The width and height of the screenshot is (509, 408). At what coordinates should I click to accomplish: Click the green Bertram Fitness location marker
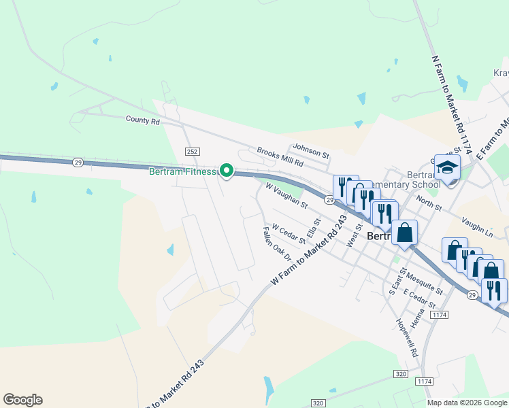pos(227,171)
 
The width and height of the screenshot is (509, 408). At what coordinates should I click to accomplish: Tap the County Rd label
pos(142,120)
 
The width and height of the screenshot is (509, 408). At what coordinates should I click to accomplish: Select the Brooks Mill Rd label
pos(279,156)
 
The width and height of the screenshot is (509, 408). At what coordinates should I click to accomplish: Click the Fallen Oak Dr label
pos(277,245)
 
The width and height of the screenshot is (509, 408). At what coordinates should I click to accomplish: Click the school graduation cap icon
pos(447,167)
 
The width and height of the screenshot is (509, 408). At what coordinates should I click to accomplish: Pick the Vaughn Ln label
pos(485,228)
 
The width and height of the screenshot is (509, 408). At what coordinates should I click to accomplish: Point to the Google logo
pos(22,400)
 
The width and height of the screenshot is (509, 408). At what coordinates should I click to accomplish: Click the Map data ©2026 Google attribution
pos(467,403)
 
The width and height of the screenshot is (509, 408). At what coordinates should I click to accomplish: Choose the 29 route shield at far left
pos(78,162)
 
